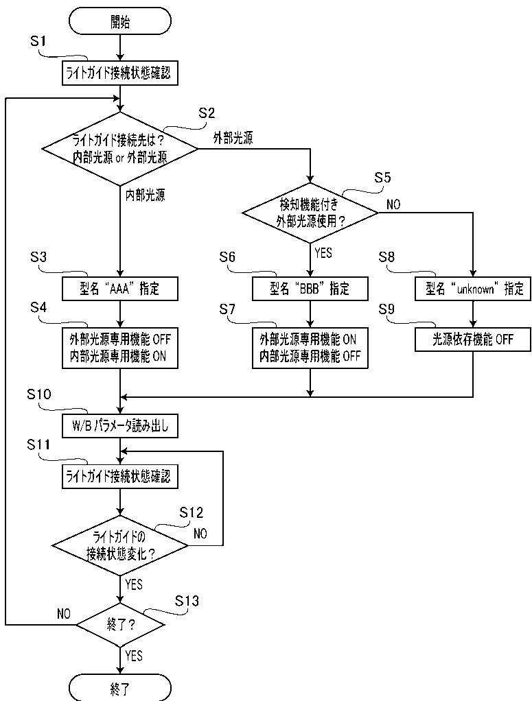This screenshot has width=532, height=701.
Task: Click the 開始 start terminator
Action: pos(120,21)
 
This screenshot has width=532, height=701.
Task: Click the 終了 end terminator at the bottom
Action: pos(120,687)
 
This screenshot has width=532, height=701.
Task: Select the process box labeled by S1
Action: pos(120,73)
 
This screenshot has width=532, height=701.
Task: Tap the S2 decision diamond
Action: pos(120,149)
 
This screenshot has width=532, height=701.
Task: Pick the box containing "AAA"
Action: pos(120,288)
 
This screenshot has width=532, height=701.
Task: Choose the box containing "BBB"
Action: pos(310,288)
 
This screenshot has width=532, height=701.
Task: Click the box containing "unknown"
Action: pos(473,288)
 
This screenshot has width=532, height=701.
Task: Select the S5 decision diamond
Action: pos(310,213)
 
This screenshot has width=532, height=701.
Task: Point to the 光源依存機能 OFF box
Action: pos(473,340)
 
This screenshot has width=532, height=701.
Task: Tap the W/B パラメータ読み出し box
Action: pos(120,425)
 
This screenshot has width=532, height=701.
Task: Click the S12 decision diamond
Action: pos(120,546)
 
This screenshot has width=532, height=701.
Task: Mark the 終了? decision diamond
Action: pos(120,625)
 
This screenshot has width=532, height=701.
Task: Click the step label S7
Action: pos(227,309)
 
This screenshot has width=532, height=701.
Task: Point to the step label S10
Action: pos(39,394)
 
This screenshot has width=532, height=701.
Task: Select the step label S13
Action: pos(187,601)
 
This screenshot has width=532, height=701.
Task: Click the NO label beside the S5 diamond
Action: pos(393,205)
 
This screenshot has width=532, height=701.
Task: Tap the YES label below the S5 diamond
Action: pos(323,253)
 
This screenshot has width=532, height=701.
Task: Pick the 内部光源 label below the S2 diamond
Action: pos(145,195)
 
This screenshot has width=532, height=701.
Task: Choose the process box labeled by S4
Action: pos(120,348)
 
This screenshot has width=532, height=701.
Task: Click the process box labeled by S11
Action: pos(120,477)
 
